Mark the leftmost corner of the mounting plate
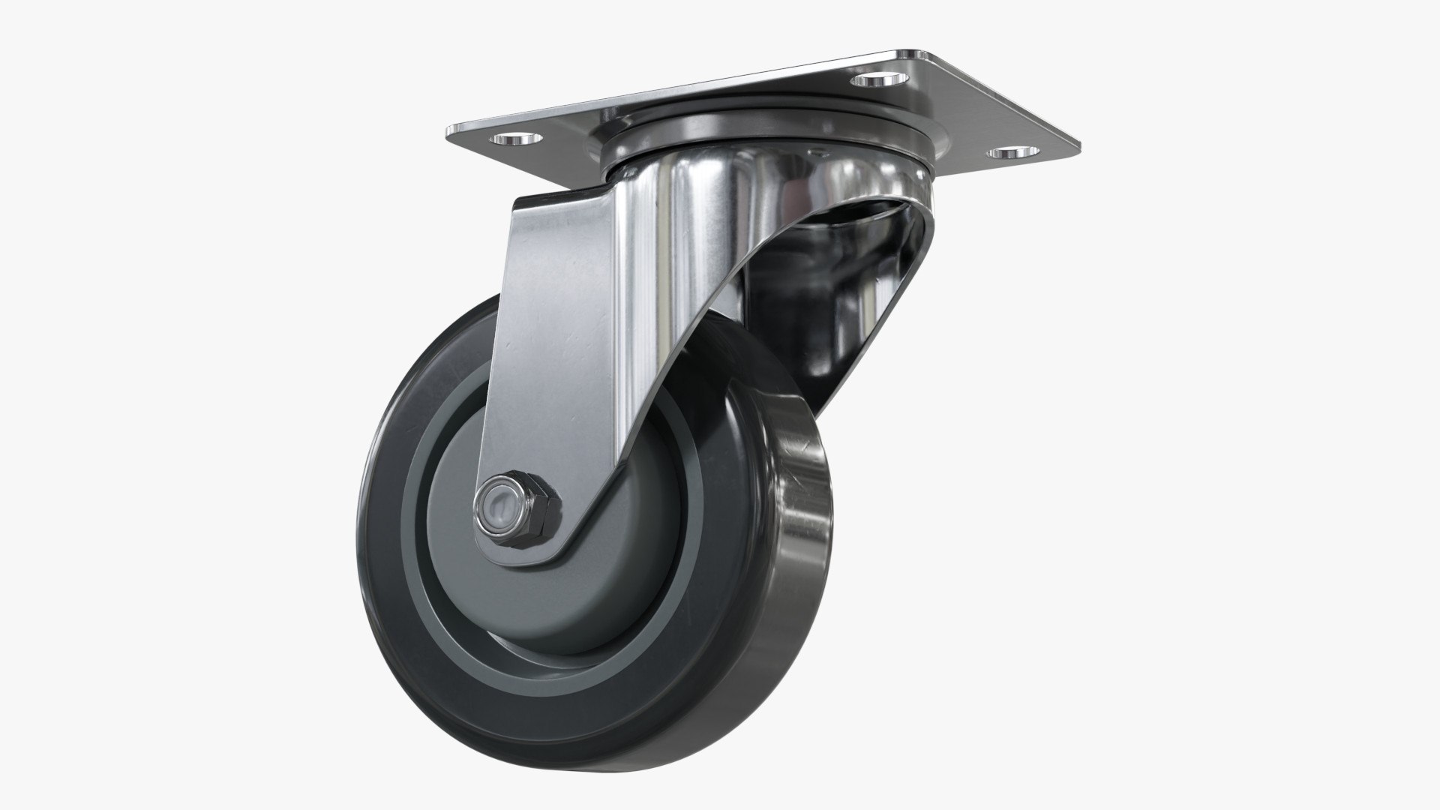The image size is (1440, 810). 448,133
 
